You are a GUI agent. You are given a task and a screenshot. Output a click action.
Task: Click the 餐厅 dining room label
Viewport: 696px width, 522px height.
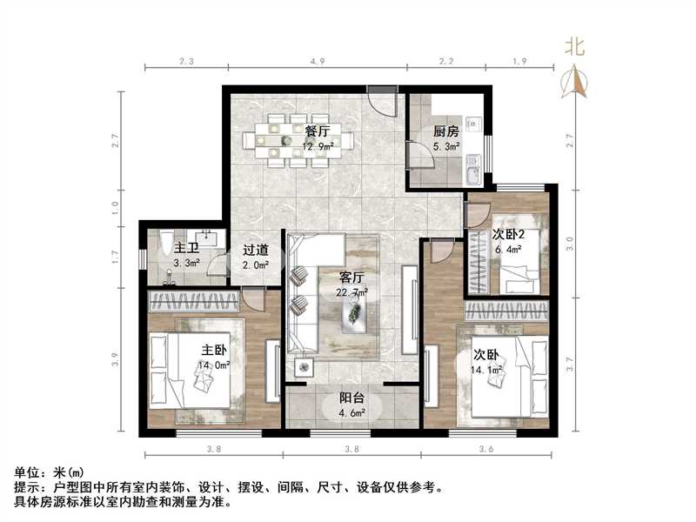coord(318,130)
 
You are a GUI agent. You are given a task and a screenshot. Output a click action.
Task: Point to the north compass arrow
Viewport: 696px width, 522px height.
coord(575,83)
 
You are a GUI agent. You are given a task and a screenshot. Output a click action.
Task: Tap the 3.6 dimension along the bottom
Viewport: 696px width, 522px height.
coord(485,450)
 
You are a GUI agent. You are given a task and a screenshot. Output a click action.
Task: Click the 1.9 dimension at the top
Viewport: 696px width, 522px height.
coord(520,61)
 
